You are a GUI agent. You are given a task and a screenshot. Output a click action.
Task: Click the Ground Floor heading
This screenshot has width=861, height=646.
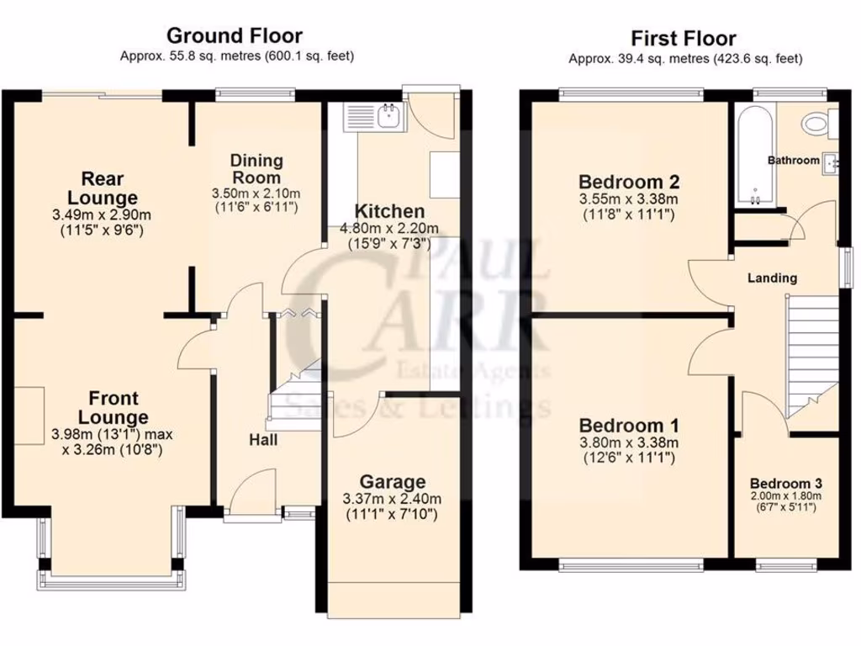point(234,35)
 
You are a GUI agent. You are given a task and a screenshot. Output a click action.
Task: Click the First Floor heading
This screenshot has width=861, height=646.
point(684,38)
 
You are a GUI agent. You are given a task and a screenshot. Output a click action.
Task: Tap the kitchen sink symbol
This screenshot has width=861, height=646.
point(389,116)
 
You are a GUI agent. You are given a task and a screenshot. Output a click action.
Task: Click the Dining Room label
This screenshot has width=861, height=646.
point(256,168)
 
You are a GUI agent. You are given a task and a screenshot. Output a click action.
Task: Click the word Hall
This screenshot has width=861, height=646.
point(263,439)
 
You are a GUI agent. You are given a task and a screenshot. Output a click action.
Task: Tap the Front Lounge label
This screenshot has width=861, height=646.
point(113,406)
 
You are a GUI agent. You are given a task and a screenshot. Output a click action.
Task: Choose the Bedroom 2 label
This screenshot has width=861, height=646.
point(628,182)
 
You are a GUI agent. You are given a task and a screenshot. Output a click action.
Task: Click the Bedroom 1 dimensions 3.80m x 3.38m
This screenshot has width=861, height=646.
point(628,442)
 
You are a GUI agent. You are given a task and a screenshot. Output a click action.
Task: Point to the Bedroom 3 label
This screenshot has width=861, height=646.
point(785,484)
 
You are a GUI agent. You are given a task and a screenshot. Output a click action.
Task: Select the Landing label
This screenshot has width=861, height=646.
point(774,278)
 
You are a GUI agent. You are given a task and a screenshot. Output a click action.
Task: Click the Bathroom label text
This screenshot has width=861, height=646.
point(792,160)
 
